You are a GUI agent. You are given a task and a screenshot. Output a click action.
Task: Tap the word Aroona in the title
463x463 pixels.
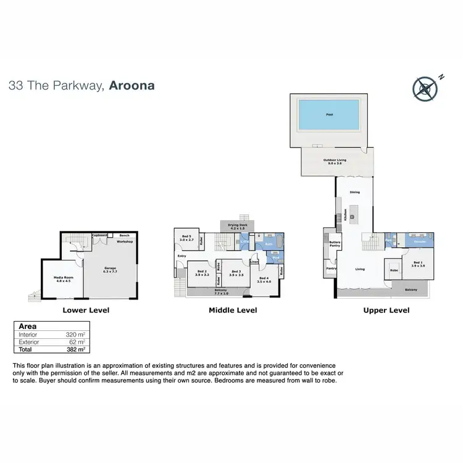point(131,86)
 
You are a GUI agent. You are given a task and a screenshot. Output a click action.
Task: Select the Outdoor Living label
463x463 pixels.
point(335,161)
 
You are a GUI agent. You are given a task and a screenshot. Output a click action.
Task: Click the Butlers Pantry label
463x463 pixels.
point(335,245)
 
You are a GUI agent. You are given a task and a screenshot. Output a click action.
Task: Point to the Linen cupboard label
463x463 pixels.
point(254,262)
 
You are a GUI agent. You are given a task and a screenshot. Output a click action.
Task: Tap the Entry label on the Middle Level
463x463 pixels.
point(181,256)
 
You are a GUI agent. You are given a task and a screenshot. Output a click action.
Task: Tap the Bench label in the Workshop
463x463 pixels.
point(124,235)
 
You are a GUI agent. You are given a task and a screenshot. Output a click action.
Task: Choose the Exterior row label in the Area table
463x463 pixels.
point(29,341)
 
